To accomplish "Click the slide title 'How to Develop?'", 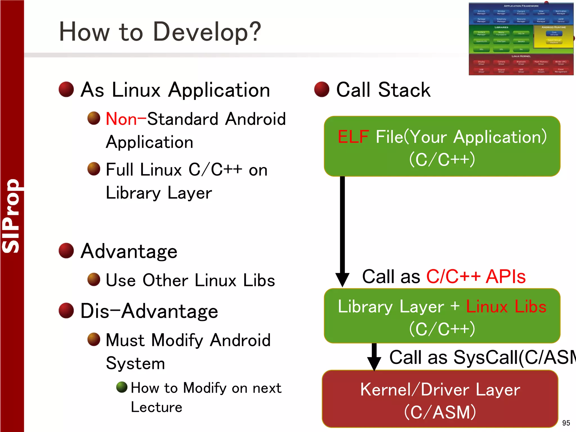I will (x=160, y=32).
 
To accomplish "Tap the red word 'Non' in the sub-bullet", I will (x=121, y=119).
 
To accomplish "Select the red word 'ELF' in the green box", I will (x=353, y=137).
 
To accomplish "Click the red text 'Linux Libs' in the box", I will (x=506, y=306).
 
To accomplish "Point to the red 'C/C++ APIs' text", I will (x=476, y=276).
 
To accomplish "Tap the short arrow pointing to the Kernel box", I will (x=374, y=357).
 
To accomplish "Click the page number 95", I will (x=566, y=423).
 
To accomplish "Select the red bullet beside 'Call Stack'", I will (x=322, y=89).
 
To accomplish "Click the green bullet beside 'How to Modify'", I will (x=122, y=387).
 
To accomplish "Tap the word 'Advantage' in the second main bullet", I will (x=129, y=251).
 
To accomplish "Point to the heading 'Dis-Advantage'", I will (x=149, y=311).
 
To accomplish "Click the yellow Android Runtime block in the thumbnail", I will (x=553, y=37).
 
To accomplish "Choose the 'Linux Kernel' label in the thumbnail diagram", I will (x=521, y=56).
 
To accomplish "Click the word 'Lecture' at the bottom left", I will (x=157, y=407).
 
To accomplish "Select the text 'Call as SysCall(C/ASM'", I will (x=482, y=357).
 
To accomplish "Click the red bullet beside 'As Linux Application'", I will (x=66, y=89).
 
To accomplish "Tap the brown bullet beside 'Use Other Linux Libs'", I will (x=94, y=279).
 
